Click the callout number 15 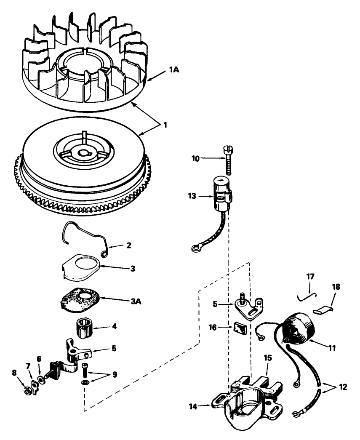[268, 358]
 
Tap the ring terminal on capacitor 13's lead [196, 249]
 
